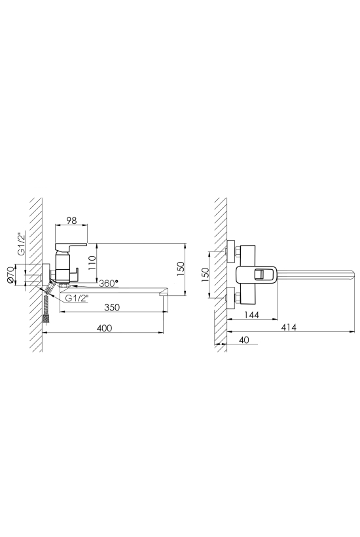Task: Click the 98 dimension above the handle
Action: [71, 221]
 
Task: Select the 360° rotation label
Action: [108, 283]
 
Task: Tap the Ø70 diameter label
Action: [10, 275]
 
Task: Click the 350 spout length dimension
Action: [112, 307]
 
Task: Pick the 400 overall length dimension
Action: [104, 327]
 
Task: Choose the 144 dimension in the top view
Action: [251, 315]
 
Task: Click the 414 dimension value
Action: [289, 327]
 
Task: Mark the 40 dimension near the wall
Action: [243, 340]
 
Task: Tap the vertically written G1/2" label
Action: [21, 244]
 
